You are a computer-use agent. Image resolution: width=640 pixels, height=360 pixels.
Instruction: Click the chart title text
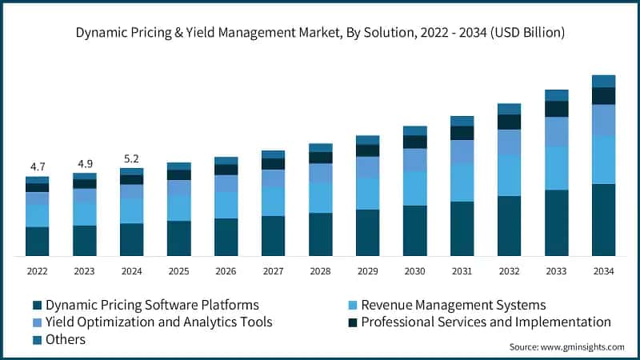pyautogui.click(x=320, y=33)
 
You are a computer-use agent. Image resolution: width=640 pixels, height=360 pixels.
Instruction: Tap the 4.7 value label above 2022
pyautogui.click(x=38, y=166)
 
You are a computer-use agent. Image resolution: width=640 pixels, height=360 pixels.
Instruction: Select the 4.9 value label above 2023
pyautogui.click(x=85, y=163)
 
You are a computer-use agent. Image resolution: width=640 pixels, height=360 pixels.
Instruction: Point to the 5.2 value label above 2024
pyautogui.click(x=132, y=158)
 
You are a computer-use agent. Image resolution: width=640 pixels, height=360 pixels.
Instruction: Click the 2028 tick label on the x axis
pyautogui.click(x=320, y=271)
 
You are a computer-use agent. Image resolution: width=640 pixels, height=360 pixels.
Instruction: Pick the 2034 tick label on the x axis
pyautogui.click(x=603, y=271)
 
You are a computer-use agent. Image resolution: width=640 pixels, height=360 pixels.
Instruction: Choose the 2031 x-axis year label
pyautogui.click(x=462, y=271)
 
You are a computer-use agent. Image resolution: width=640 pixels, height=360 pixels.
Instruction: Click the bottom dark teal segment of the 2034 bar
pyautogui.click(x=603, y=220)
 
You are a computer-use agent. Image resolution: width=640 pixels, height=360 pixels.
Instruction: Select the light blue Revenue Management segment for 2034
pyautogui.click(x=603, y=160)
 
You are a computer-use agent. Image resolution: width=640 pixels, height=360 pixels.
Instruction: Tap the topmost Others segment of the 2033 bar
pyautogui.click(x=556, y=95)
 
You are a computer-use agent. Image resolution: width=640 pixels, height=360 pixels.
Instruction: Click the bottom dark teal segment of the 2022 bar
pyautogui.click(x=38, y=242)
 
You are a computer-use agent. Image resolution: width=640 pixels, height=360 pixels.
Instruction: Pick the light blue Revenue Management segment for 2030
pyautogui.click(x=414, y=188)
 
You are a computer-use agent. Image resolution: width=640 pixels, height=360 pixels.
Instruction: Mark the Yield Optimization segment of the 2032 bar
pyautogui.click(x=509, y=142)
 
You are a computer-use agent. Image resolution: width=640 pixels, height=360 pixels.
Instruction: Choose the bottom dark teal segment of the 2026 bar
pyautogui.click(x=226, y=237)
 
